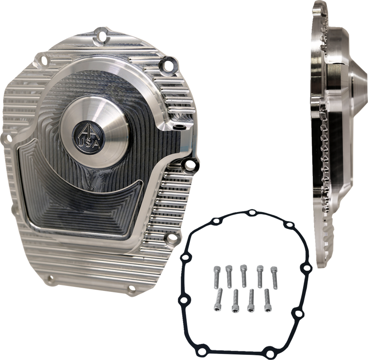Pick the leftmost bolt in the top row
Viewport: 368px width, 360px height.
[x=215, y=276]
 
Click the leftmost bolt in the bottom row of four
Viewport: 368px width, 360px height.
[x=220, y=298]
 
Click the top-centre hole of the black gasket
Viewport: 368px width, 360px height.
[x=252, y=212]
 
